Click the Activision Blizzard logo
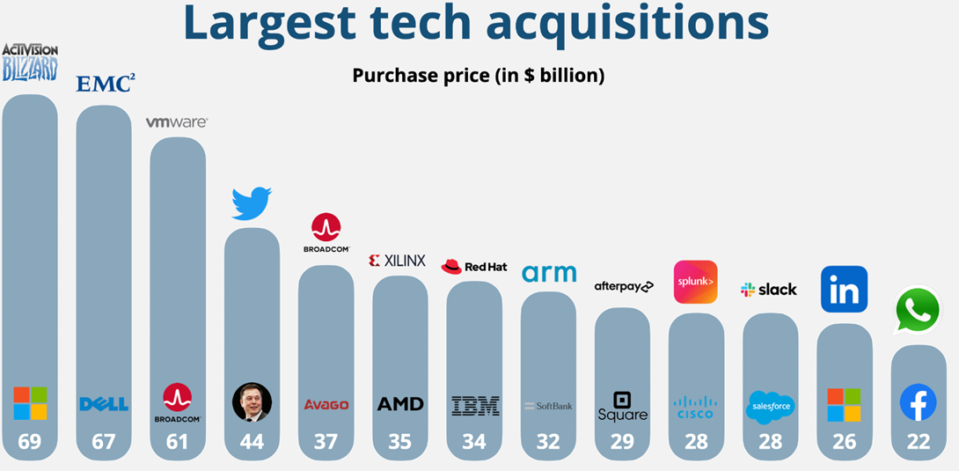click(30, 62)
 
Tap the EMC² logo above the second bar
click(105, 84)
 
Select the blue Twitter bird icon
click(252, 203)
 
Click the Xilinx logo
click(397, 261)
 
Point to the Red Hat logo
click(474, 267)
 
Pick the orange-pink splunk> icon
click(695, 282)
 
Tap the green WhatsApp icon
click(918, 310)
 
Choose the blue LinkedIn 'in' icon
click(844, 289)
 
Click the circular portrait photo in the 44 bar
click(252, 402)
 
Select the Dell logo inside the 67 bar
click(104, 404)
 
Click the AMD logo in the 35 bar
click(400, 404)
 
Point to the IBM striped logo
click(475, 405)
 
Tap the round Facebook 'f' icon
click(918, 403)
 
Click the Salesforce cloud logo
click(770, 407)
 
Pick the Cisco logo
click(696, 406)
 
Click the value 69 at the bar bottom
click(30, 442)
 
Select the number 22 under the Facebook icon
click(918, 442)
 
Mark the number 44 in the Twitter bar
click(252, 442)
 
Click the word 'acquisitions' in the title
click(627, 25)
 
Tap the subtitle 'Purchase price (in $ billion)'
click(478, 76)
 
